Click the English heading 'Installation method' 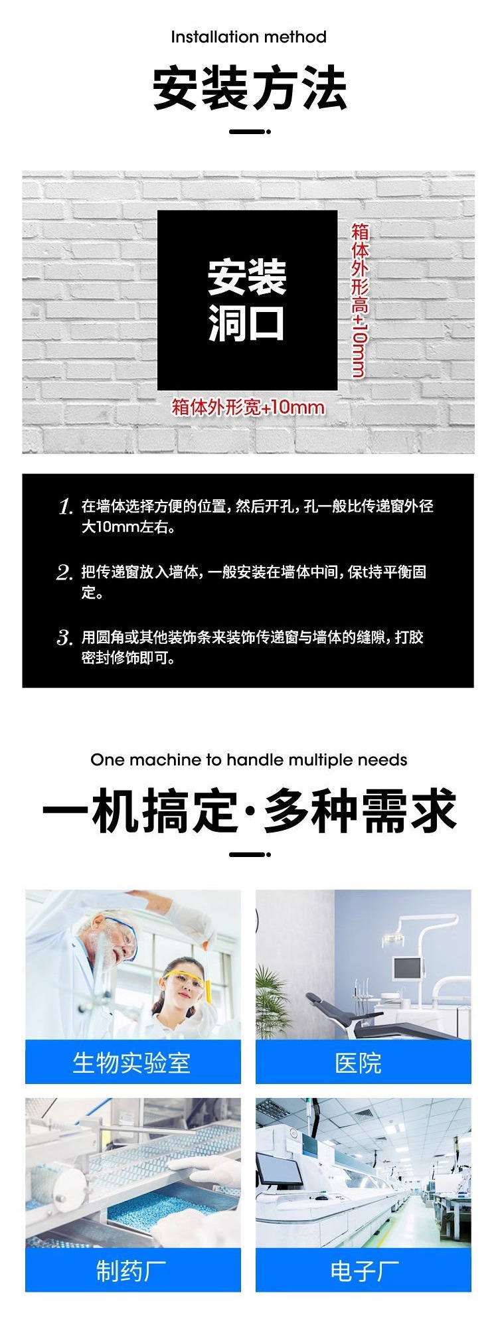coord(248,37)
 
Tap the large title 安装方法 coord(249,88)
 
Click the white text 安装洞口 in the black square coord(247,300)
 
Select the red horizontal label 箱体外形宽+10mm coord(248,406)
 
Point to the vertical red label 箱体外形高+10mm coord(359,300)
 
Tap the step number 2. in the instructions coord(64,573)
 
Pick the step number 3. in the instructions coord(64,639)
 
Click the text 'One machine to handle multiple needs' coord(248,759)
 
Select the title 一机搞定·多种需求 coord(249,811)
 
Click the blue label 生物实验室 coord(132,1063)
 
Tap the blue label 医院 coord(359,1063)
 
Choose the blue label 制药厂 coord(132,1271)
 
